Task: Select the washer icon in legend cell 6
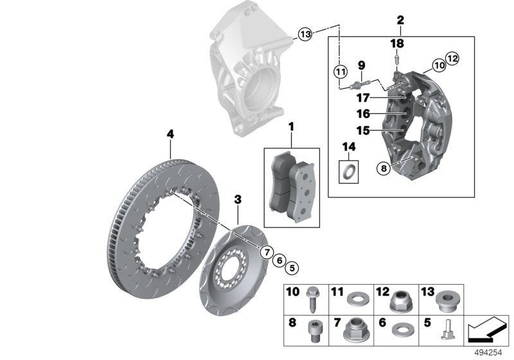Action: coord(403,329)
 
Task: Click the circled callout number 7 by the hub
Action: coord(265,251)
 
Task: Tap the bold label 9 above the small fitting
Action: coord(361,65)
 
